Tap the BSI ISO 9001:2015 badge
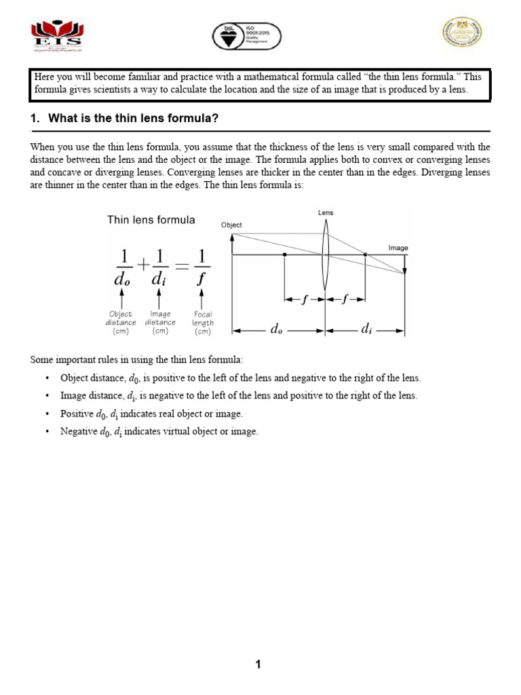pos(246,35)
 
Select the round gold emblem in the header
pos(463,32)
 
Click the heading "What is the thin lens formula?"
pos(133,118)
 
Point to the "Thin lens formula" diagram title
pos(151,219)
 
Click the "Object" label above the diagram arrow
pos(231,225)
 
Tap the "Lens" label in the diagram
pos(326,212)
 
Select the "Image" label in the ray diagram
pos(398,248)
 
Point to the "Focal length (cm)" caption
pos(202,323)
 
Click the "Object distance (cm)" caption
pos(121,323)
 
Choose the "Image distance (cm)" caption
pos(160,323)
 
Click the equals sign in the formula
pos(181,265)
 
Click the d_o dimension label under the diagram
pos(277,329)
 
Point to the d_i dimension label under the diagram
pos(366,329)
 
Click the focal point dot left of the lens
pos(285,255)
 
